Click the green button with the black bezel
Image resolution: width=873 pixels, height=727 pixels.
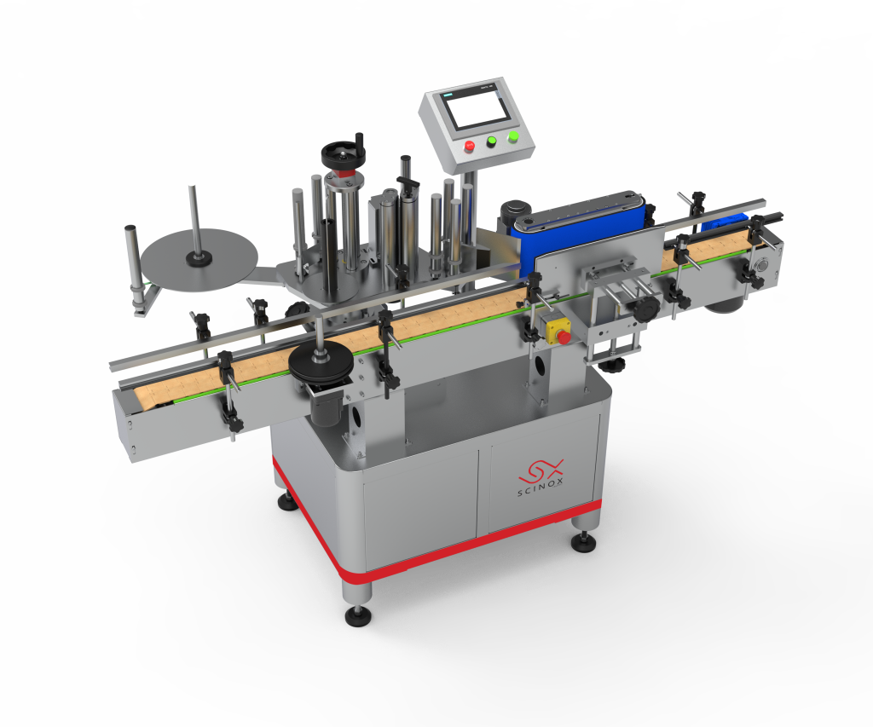click(493, 142)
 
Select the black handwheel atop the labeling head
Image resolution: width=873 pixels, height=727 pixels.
click(344, 154)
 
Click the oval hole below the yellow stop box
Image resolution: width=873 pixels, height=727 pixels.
click(538, 368)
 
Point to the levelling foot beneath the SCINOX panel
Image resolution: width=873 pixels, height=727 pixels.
click(584, 539)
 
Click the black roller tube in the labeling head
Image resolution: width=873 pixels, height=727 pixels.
click(328, 247)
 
